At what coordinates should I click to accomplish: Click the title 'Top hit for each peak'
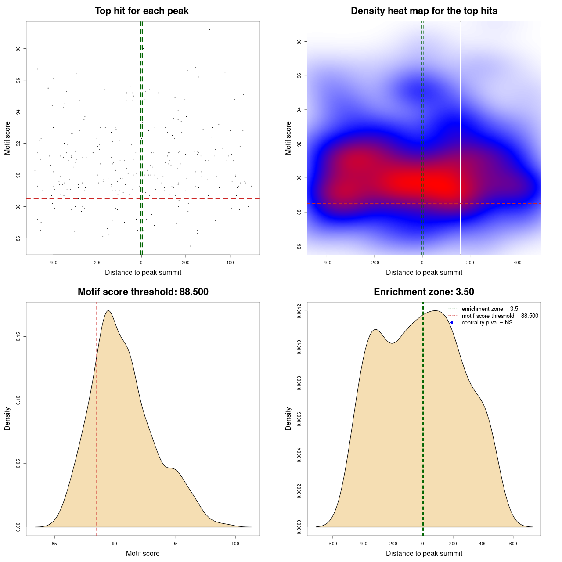pos(141,11)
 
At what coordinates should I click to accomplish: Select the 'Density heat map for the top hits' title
pos(424,11)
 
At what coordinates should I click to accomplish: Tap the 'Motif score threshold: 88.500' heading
pos(143,292)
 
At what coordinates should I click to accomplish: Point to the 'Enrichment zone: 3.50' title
pos(424,292)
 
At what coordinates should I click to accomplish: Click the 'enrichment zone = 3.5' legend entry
pos(490,309)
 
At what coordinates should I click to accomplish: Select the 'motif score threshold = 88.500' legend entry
pos(500,316)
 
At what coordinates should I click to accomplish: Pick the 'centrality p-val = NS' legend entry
pos(487,323)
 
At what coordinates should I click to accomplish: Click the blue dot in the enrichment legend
pos(451,323)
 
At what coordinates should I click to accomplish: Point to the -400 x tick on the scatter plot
pos(53,263)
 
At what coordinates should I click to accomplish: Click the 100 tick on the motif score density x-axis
pos(235,544)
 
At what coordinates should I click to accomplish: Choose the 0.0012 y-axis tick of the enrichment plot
pos(299,311)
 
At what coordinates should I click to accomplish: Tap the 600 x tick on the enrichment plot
pos(513,544)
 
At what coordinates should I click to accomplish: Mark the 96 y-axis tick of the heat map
pos(299,76)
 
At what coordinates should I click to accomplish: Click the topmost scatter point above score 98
pos(209,29)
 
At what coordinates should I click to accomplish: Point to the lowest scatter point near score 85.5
pos(190,246)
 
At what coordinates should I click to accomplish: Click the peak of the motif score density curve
pos(108,311)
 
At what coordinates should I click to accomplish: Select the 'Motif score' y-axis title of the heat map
pos(288,138)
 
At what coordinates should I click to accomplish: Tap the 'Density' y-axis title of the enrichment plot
pos(288,418)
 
